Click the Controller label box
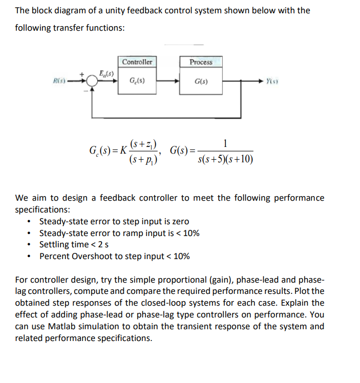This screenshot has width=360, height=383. click(137, 62)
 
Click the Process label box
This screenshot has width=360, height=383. click(201, 62)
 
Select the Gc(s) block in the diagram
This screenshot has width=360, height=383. click(137, 81)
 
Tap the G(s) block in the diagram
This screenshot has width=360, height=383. click(201, 81)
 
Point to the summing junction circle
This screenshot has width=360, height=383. click(92, 81)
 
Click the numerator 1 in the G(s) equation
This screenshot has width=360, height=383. click(226, 142)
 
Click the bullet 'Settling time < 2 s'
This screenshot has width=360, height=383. click(75, 244)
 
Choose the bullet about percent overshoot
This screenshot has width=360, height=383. click(114, 256)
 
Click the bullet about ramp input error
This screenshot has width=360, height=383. click(119, 233)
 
